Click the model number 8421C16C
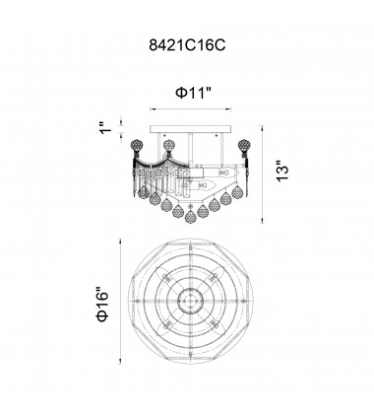coord(187,45)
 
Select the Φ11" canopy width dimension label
coord(194,93)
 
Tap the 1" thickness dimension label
coord(106,127)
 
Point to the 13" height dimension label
coord(282,171)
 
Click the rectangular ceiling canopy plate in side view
coord(190,129)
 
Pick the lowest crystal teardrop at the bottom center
coord(190,215)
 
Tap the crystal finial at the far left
coord(136,145)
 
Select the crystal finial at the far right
coord(243,145)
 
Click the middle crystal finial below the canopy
coord(168,145)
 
